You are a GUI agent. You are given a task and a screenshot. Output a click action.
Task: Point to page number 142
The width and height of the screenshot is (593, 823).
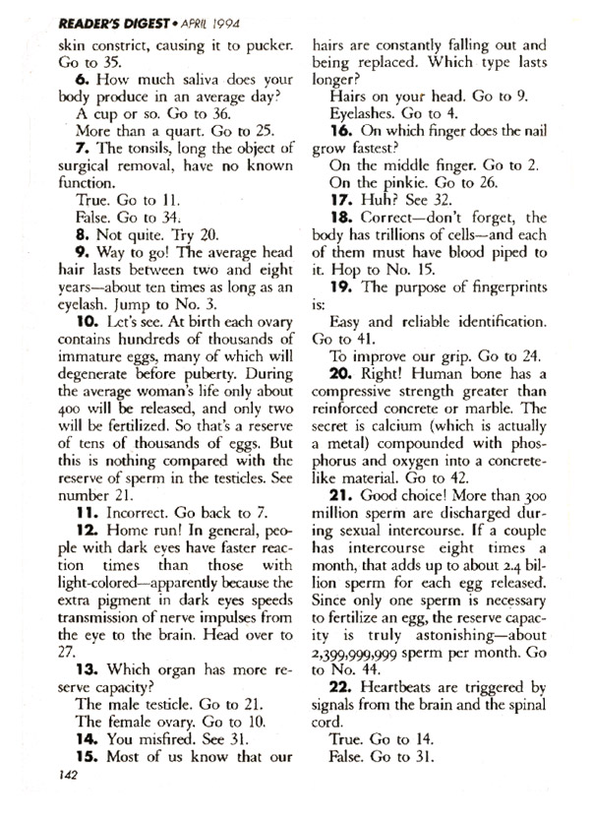[x=61, y=803]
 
